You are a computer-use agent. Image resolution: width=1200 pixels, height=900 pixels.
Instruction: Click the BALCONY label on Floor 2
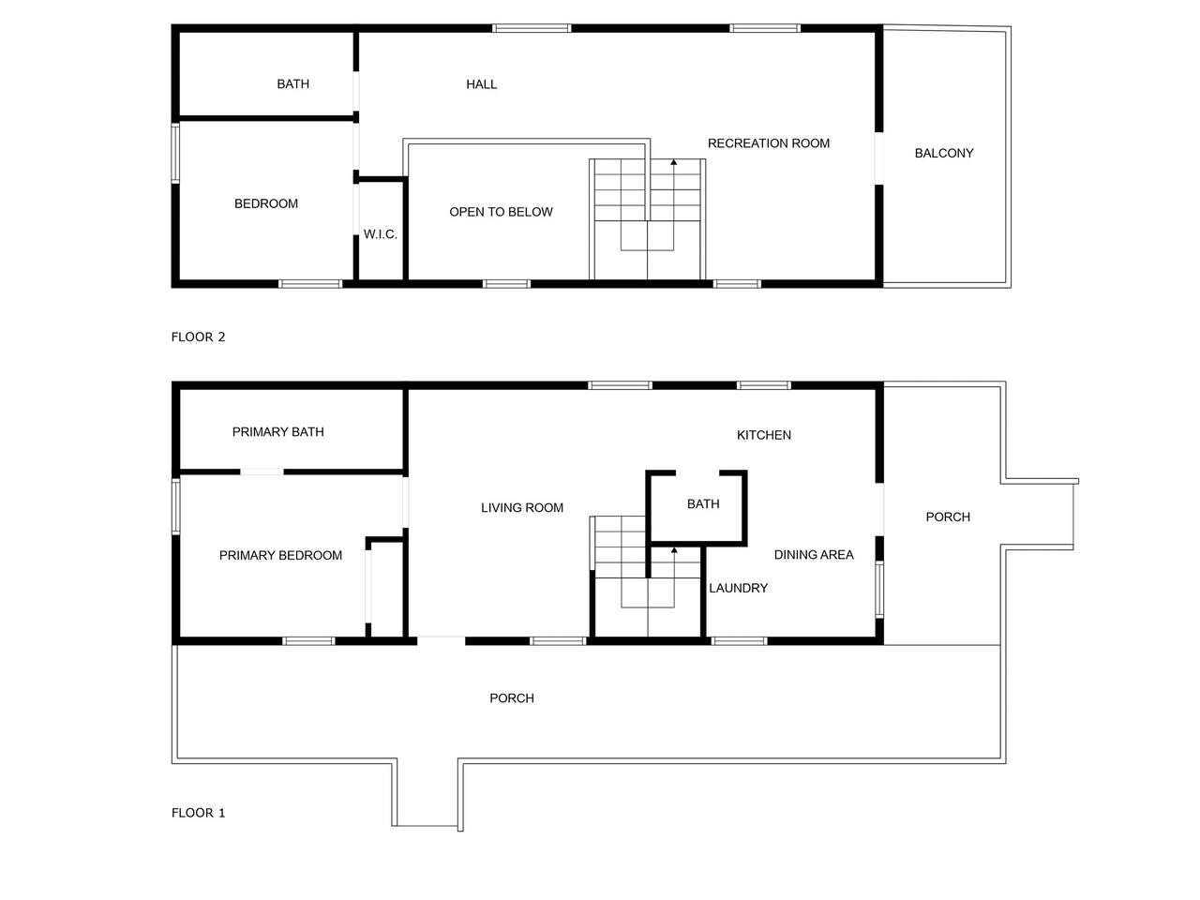[944, 153]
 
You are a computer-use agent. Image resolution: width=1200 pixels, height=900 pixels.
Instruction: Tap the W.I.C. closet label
[380, 234]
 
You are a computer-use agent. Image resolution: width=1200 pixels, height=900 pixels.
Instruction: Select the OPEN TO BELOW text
[501, 212]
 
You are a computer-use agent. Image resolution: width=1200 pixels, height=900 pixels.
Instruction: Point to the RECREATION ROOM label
[768, 143]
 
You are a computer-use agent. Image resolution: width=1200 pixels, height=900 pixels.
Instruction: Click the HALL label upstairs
[481, 84]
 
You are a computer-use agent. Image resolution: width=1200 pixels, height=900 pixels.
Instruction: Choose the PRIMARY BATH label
[277, 431]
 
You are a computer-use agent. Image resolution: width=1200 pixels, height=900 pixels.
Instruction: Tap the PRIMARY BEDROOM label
[280, 555]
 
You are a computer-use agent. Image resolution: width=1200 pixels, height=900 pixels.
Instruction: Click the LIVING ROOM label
[521, 507]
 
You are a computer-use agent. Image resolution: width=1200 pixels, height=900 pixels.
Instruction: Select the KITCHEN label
[764, 435]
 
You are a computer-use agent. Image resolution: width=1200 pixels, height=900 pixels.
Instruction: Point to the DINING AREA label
[814, 555]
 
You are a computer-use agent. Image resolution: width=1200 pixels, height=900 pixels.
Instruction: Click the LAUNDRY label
[738, 588]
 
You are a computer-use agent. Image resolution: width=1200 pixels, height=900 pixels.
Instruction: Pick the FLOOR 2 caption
[198, 337]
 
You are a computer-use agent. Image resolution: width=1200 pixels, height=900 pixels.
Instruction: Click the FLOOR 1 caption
[198, 813]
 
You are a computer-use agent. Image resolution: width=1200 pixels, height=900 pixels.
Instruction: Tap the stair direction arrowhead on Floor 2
[673, 162]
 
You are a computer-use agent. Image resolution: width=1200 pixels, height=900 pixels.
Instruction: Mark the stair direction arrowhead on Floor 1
[673, 550]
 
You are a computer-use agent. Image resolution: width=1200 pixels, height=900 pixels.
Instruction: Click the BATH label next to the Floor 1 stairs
[703, 503]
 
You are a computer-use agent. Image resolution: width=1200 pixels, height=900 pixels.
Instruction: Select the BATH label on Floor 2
[293, 84]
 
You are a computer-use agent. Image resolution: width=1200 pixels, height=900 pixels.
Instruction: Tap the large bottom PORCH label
[512, 698]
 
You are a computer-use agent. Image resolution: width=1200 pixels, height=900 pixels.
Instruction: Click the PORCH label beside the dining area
[948, 517]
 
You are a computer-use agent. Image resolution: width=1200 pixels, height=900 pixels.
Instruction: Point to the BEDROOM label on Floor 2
[266, 203]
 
